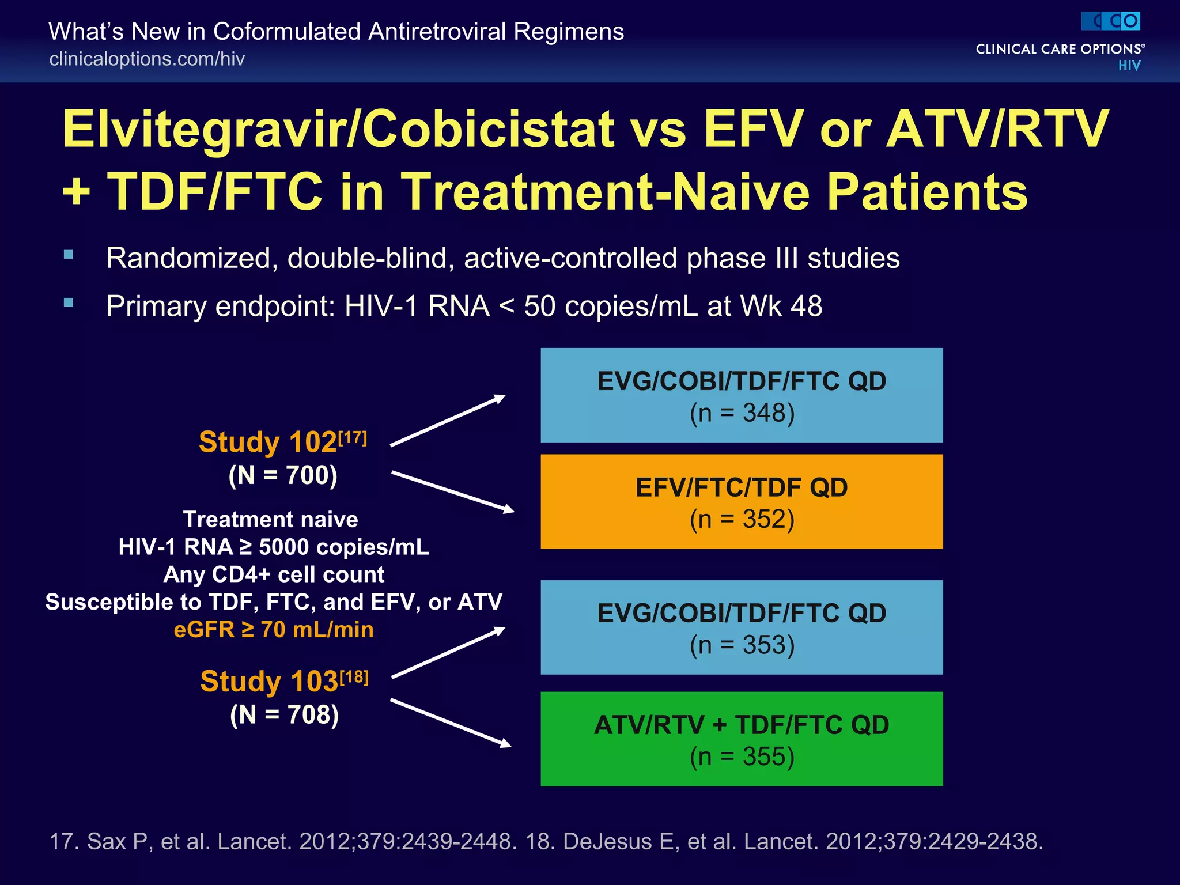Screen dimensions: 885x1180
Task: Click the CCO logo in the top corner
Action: [x=1110, y=21]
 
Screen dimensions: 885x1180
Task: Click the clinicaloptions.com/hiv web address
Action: [x=147, y=59]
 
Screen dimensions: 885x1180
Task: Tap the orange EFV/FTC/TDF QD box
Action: [x=742, y=501]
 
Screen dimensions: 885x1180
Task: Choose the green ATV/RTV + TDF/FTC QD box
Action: [x=742, y=739]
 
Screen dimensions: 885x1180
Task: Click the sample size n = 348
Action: [x=742, y=413]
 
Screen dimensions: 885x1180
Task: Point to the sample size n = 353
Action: [x=742, y=645]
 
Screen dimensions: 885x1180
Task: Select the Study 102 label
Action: [x=268, y=442]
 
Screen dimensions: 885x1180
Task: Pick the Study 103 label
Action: [x=269, y=681]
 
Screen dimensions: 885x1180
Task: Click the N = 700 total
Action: [x=283, y=475]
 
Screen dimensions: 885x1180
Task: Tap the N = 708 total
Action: [x=284, y=714]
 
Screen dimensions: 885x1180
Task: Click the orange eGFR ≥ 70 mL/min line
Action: [x=274, y=629]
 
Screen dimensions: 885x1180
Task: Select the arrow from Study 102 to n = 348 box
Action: [x=448, y=421]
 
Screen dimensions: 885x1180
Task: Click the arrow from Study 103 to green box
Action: [x=451, y=723]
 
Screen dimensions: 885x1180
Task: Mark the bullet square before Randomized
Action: [x=69, y=255]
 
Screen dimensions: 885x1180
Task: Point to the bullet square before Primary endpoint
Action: [x=69, y=302]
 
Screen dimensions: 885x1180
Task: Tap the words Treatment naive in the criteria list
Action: [x=270, y=520]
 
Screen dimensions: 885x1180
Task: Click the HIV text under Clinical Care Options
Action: [x=1129, y=66]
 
